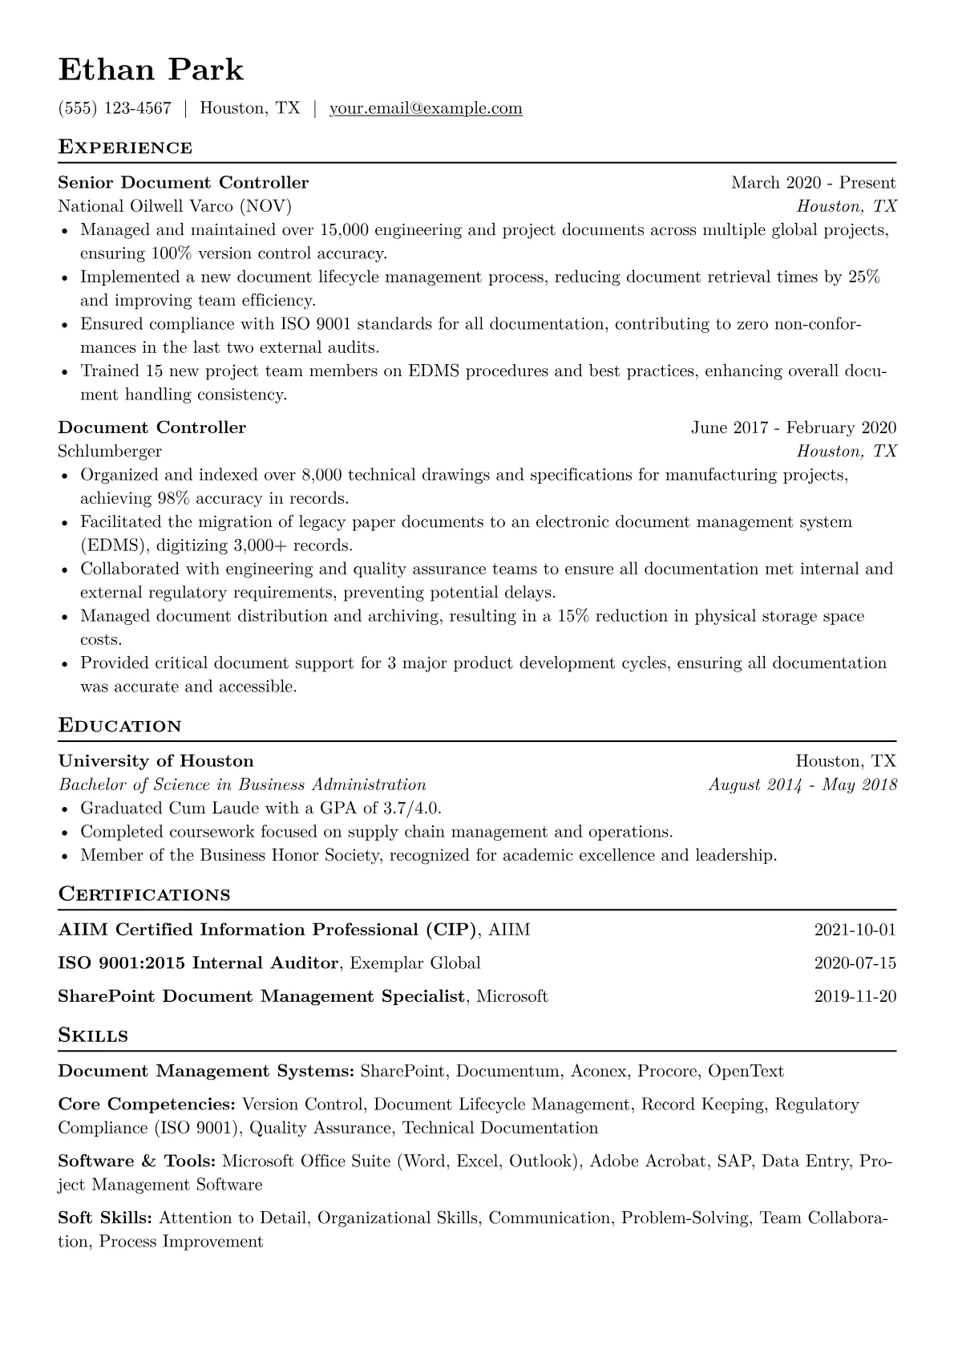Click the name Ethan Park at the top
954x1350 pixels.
pos(151,71)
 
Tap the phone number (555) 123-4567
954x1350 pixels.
pos(115,108)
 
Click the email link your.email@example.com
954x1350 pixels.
pos(426,108)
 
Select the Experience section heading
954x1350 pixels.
pos(125,148)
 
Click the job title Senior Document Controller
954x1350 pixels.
pos(184,183)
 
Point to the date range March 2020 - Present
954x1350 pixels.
pos(813,183)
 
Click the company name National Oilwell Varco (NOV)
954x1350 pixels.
pos(175,206)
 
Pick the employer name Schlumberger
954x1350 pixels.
pos(110,451)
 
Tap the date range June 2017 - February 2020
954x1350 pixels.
pos(794,428)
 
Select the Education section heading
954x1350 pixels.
pos(120,726)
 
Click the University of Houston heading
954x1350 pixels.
pos(156,761)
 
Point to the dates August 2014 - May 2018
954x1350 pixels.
pos(802,784)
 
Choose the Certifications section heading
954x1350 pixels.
pos(144,894)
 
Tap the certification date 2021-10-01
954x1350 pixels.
pos(855,930)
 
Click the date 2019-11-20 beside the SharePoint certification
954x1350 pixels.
pos(855,997)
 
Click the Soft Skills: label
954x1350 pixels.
pos(105,1218)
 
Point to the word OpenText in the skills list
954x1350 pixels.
pos(746,1072)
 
